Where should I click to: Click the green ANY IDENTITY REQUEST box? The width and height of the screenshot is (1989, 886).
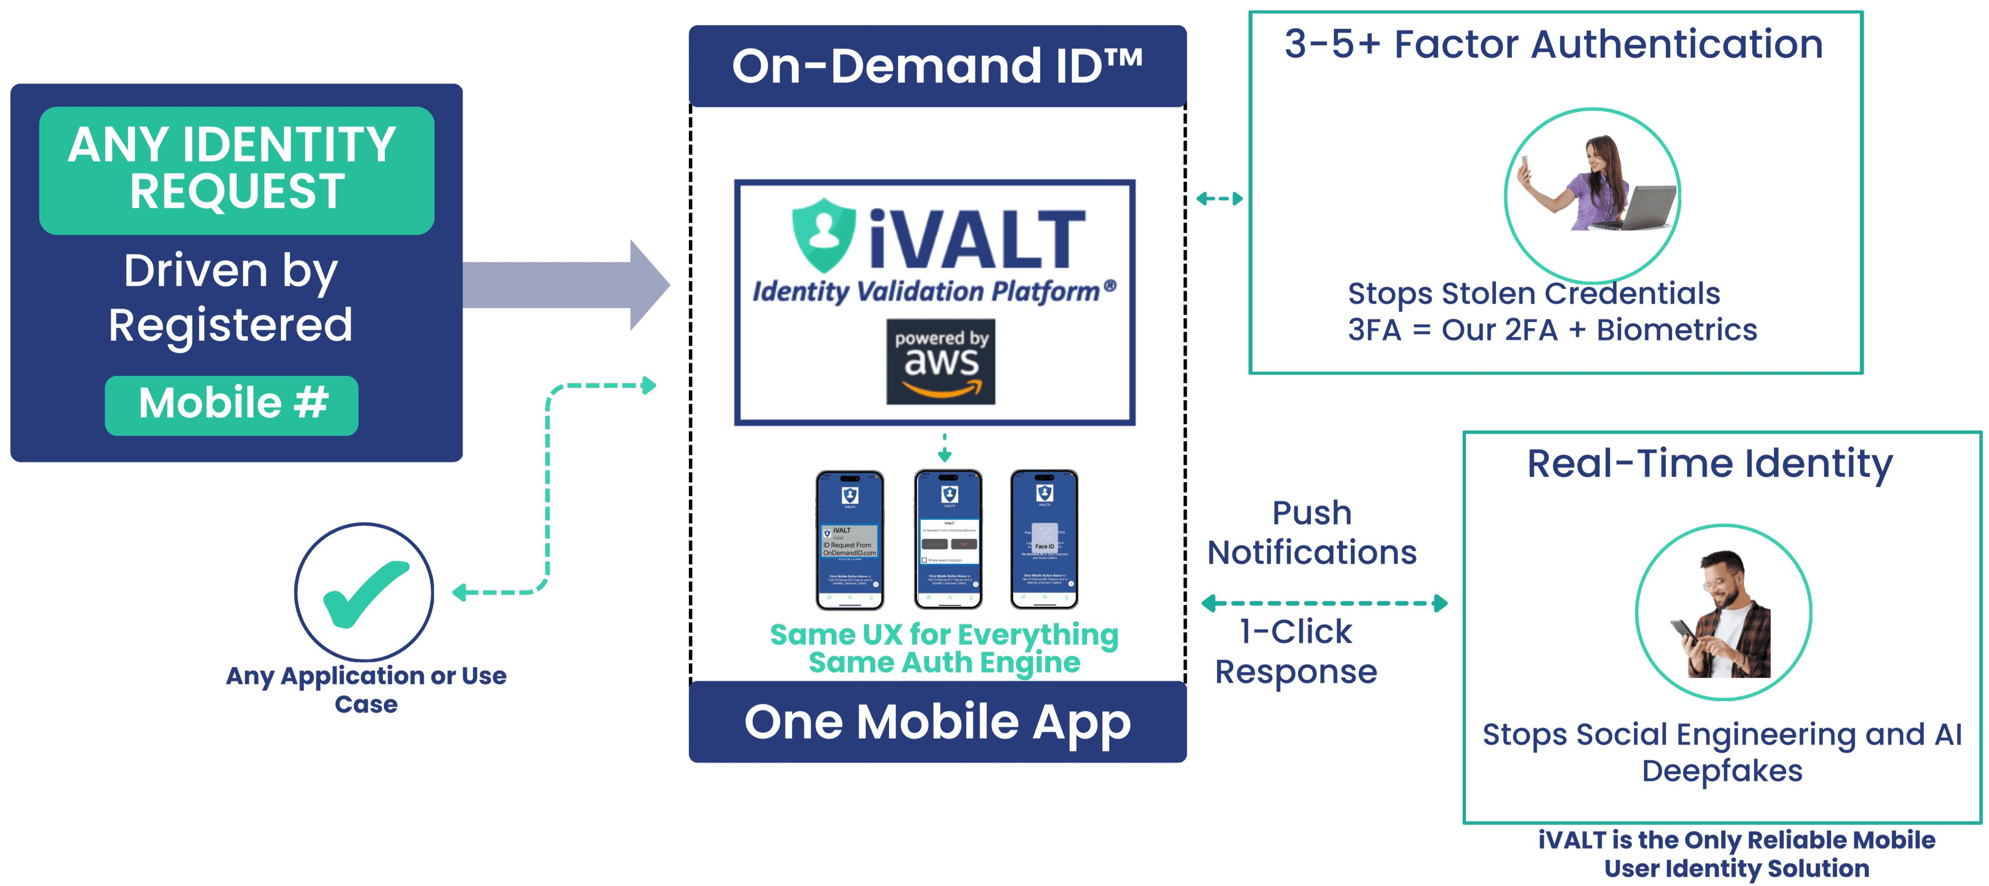click(x=236, y=170)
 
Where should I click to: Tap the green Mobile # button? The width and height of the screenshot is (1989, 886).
click(x=232, y=405)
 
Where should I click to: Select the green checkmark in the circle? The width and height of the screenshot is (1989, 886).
click(x=365, y=592)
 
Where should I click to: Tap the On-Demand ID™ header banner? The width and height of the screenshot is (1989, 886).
click(x=938, y=66)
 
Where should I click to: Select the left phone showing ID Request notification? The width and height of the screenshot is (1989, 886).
click(x=849, y=539)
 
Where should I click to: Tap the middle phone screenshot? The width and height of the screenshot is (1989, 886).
click(x=948, y=539)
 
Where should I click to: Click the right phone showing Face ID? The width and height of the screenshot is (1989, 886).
click(x=1044, y=539)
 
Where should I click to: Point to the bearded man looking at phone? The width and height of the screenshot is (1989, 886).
click(x=1723, y=612)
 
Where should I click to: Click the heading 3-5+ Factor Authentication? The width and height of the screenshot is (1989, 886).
click(x=1553, y=44)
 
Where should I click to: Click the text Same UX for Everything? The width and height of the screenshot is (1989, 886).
click(x=944, y=635)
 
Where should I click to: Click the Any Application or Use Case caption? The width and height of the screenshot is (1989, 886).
click(x=366, y=689)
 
